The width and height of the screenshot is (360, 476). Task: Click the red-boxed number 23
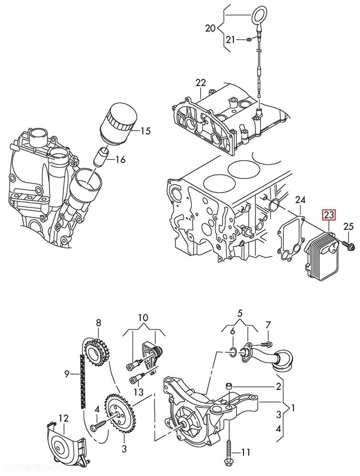click(x=329, y=215)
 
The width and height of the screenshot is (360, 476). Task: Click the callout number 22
click(x=201, y=82)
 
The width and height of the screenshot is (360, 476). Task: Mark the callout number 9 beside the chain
click(x=67, y=374)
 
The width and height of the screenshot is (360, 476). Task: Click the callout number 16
click(x=120, y=159)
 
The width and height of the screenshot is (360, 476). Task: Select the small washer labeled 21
click(x=250, y=40)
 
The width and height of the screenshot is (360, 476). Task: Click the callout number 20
click(x=210, y=28)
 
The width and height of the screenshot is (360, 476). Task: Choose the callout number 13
click(x=138, y=392)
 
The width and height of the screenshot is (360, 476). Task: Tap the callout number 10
click(x=143, y=317)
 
